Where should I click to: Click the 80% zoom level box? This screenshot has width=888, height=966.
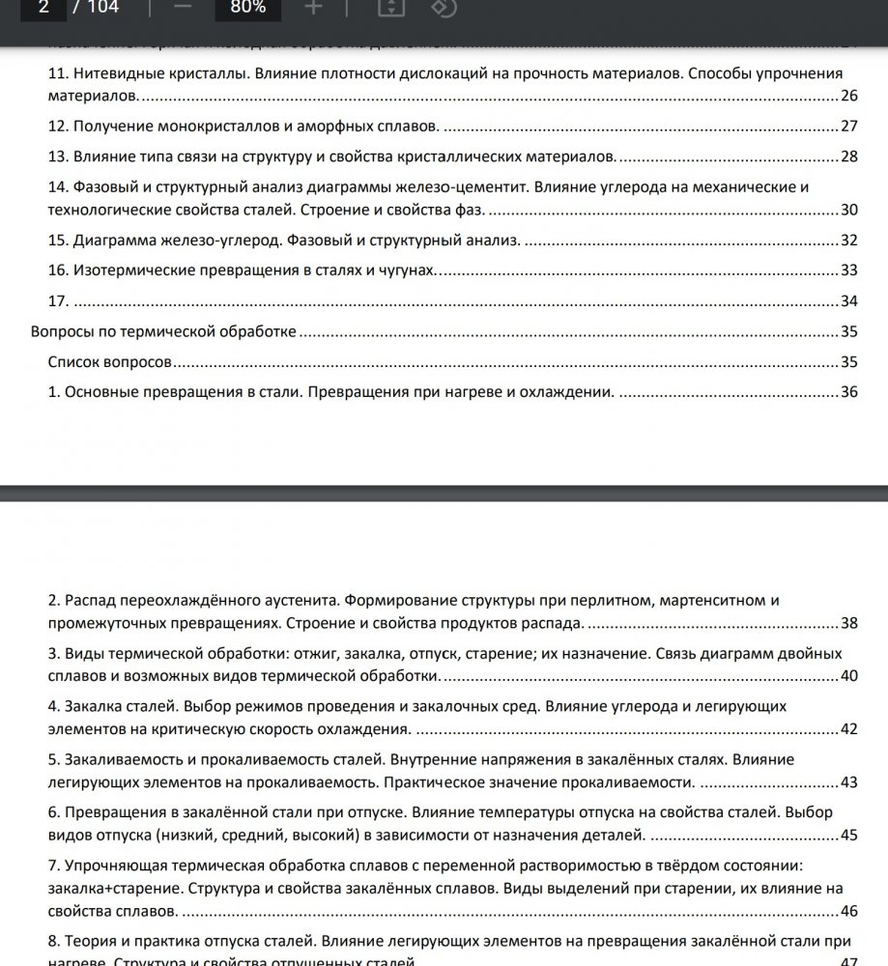(x=247, y=9)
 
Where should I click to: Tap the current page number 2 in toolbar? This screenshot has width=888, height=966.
(x=43, y=9)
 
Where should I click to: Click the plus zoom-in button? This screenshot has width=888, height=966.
(x=313, y=9)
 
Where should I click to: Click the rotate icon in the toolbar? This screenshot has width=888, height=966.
(x=443, y=9)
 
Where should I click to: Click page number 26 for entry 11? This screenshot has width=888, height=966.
(x=849, y=96)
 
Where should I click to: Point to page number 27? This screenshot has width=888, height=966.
(x=849, y=127)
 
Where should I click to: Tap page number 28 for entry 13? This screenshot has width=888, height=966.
(x=849, y=156)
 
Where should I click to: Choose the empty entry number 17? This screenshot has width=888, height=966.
(x=57, y=300)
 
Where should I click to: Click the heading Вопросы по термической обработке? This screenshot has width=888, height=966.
(x=163, y=331)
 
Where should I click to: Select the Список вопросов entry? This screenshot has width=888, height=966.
(x=110, y=362)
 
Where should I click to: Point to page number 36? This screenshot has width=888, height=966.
(x=849, y=392)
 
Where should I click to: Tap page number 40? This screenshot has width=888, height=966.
(x=849, y=675)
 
